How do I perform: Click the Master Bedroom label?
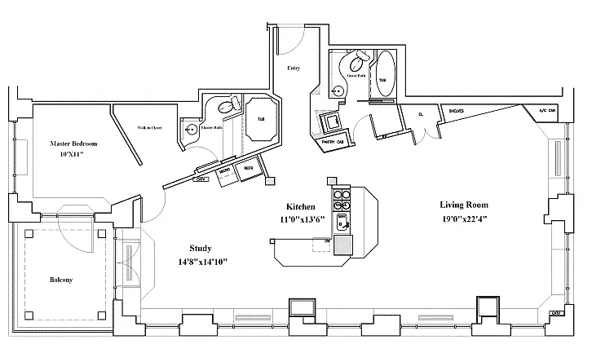tap(68, 142)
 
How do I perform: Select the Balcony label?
tap(60, 280)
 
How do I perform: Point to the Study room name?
tap(200, 249)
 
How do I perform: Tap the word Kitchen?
tap(301, 206)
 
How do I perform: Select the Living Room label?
tap(462, 204)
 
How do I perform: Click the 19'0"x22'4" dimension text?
tap(462, 218)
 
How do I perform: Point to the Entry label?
tap(294, 68)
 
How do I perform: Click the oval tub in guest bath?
tap(382, 75)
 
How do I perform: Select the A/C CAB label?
tap(545, 111)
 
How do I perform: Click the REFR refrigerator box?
tap(247, 169)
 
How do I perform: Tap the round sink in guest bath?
tap(338, 89)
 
